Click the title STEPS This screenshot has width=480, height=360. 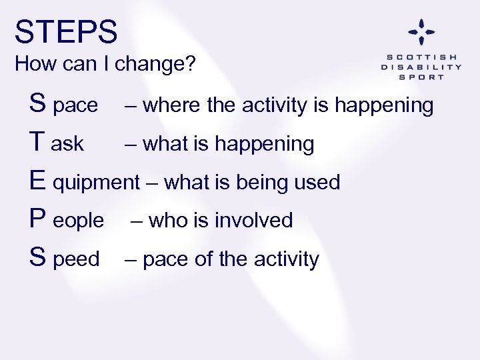[x=66, y=32]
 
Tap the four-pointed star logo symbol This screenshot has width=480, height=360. [x=421, y=31]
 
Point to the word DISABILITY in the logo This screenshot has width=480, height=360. [x=421, y=67]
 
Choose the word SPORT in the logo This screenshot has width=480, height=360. [x=421, y=77]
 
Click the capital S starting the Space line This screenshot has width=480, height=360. [x=38, y=104]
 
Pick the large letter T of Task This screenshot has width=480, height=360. [x=38, y=143]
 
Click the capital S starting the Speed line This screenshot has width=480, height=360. [x=38, y=258]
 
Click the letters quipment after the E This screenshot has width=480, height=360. [x=97, y=183]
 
